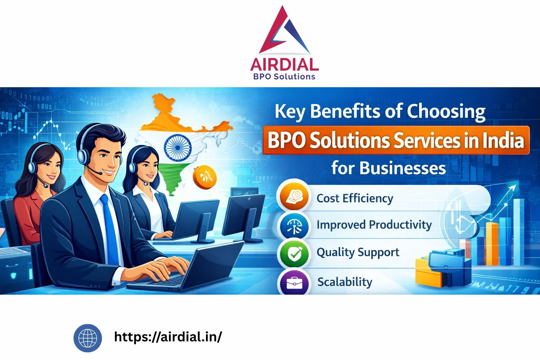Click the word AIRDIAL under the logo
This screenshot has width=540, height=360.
pos(284,65)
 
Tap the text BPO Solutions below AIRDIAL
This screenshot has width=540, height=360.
pos(284,77)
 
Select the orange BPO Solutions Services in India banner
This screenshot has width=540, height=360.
pos(396,140)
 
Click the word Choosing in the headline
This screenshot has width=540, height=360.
pos(446,112)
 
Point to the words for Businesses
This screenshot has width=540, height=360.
pos(388,168)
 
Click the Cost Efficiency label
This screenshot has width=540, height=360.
pos(355,198)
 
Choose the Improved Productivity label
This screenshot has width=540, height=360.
pos(374,225)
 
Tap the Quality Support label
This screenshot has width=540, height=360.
pos(358,252)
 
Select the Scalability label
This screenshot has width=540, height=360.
pos(345,282)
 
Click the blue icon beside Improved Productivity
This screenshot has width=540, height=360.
pos(294,226)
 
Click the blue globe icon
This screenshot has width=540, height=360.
pos(88,338)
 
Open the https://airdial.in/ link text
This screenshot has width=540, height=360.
pos(168,337)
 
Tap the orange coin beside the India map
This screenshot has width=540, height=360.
pos(205,177)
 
